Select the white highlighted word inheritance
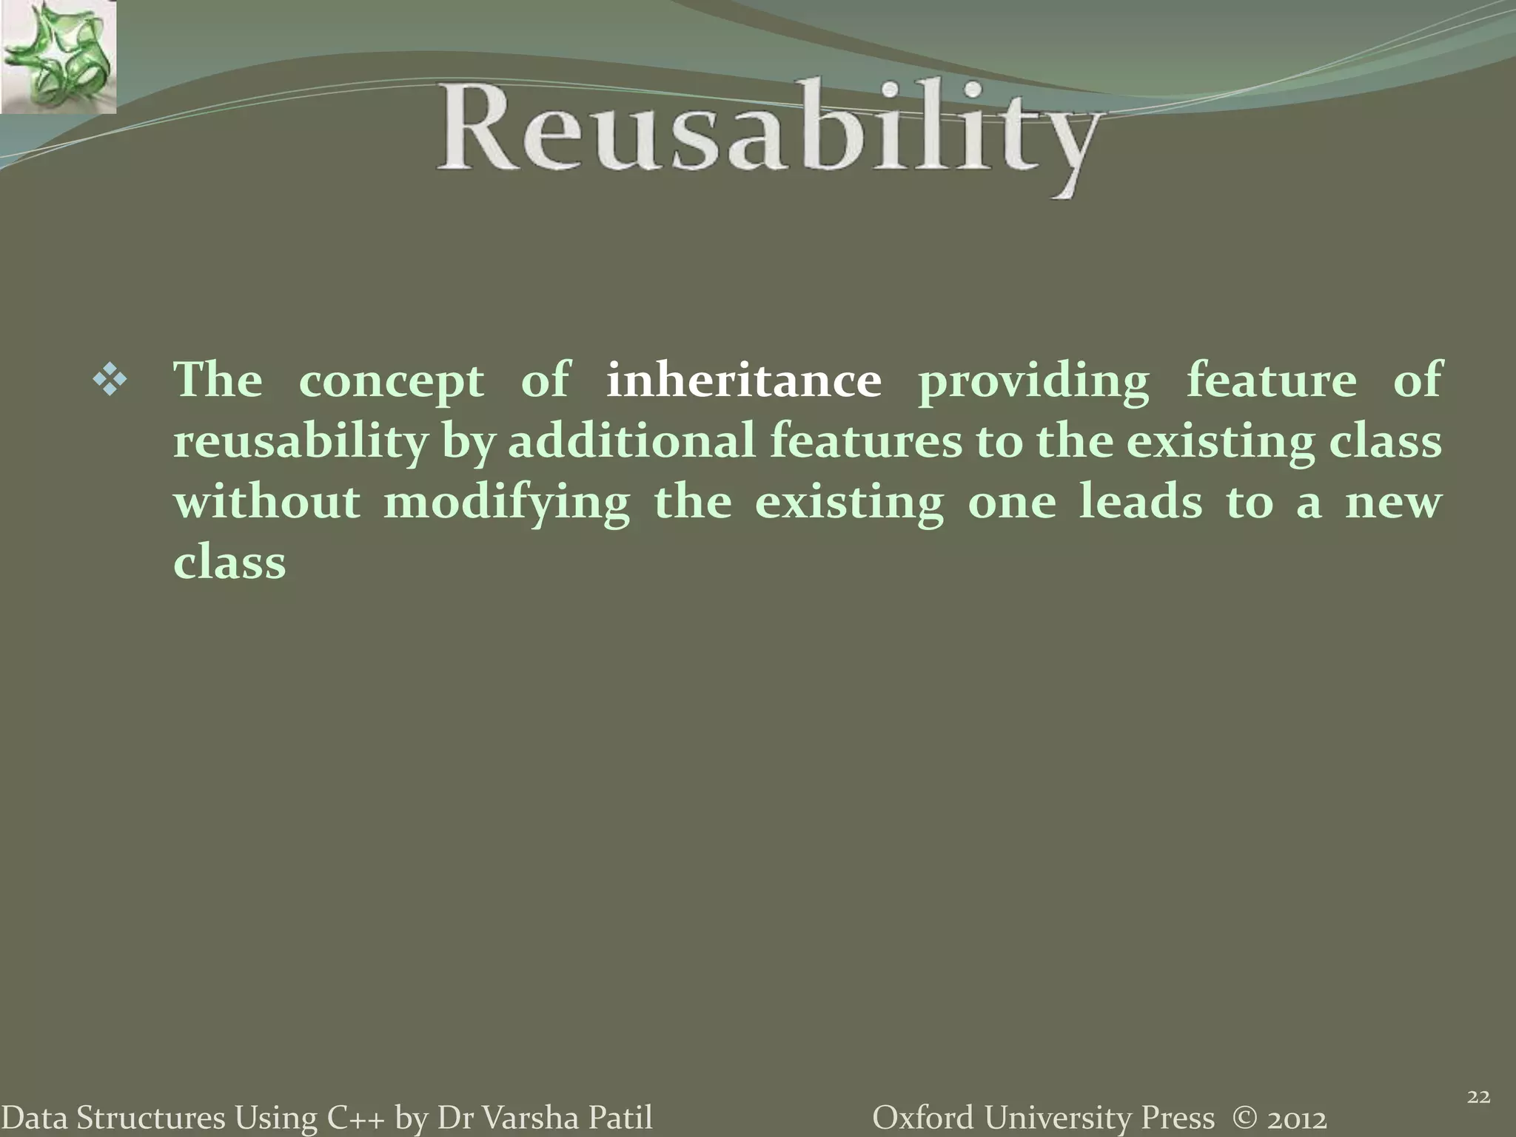[x=743, y=380]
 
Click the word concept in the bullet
[x=391, y=382]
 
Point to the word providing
[x=1033, y=382]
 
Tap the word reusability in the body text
[x=301, y=443]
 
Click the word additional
[x=631, y=441]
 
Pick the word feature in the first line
[x=1271, y=380]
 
